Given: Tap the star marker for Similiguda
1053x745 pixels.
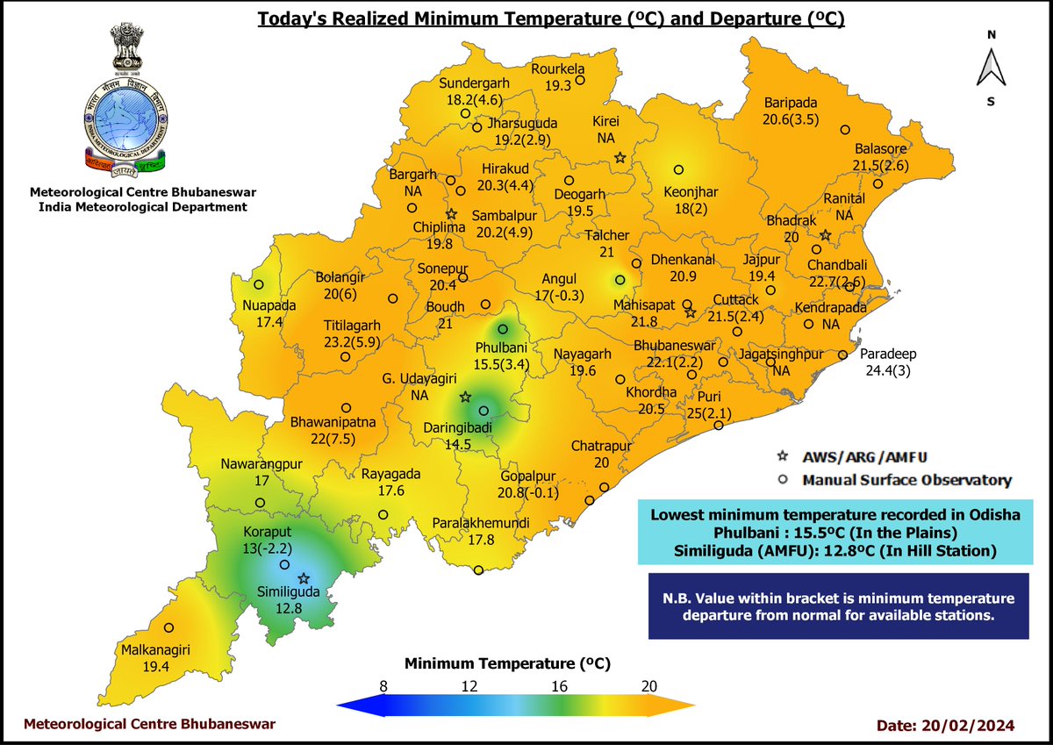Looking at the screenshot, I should pos(304,578).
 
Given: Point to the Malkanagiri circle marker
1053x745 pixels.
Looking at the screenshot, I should pos(169,627).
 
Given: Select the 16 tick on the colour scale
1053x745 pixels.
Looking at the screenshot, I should pos(559,685).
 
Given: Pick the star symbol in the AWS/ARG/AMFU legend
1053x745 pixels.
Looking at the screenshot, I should pos(783,457).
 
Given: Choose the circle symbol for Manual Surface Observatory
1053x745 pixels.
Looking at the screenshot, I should pos(783,480).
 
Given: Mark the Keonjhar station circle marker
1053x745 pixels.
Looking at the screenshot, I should pos(678,170).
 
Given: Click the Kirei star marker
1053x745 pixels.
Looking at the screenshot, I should pos(620,158).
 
